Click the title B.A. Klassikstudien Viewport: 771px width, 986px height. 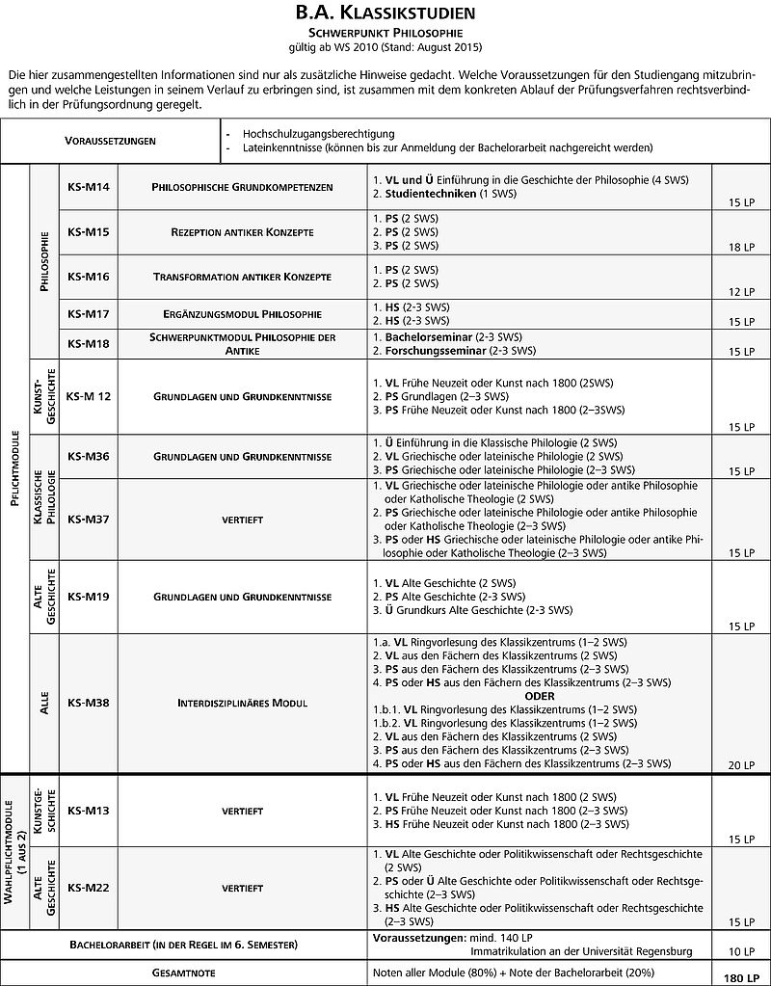385,13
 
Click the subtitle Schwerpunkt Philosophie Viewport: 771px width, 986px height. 385,32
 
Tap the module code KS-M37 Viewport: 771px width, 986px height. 89,519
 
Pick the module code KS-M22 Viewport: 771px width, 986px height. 89,887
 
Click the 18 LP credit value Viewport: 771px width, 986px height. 741,248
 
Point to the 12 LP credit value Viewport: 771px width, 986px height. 741,292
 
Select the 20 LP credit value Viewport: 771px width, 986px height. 741,764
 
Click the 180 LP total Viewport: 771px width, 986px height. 738,977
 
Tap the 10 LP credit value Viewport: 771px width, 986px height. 741,951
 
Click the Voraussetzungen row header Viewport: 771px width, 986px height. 111,141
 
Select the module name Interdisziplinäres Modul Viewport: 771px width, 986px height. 243,703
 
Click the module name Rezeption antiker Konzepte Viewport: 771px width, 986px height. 243,232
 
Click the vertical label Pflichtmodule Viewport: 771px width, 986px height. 14,468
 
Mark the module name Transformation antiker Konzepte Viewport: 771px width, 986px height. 243,277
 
